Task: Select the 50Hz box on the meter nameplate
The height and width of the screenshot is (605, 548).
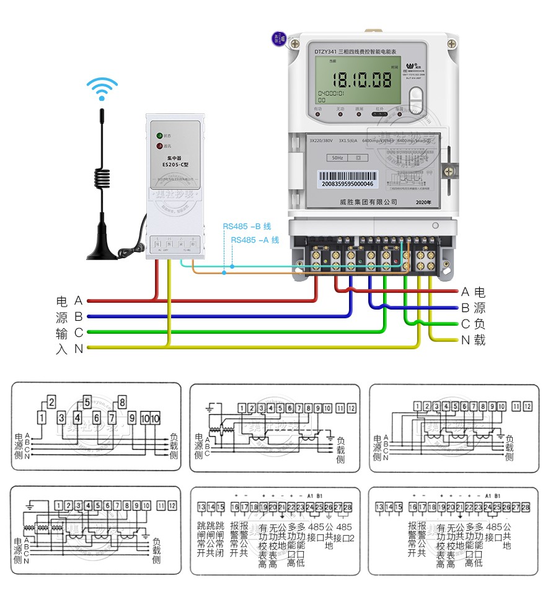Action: pos(337,158)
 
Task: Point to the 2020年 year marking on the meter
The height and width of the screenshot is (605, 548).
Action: pos(424,202)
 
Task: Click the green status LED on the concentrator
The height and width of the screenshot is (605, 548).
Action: pos(160,135)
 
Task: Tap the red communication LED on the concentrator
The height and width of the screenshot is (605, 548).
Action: pos(160,146)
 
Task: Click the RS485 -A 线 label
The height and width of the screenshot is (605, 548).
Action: pos(255,240)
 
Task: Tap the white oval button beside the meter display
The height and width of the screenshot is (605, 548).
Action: pos(417,100)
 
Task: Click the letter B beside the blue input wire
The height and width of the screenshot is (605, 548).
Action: pos(79,316)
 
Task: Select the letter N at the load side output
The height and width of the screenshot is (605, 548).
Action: pos(466,340)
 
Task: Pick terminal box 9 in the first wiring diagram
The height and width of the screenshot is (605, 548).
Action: pos(133,417)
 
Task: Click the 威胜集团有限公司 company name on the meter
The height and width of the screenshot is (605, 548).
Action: pos(369,202)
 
